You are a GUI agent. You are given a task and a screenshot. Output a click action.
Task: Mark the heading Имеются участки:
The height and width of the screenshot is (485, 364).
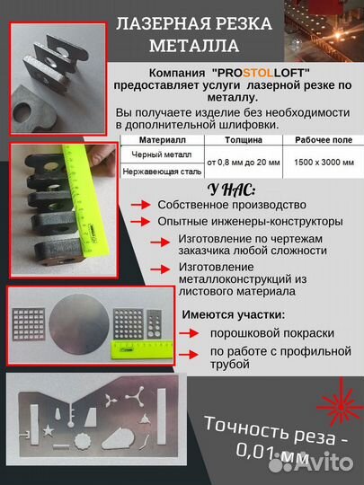coord(235,314)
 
